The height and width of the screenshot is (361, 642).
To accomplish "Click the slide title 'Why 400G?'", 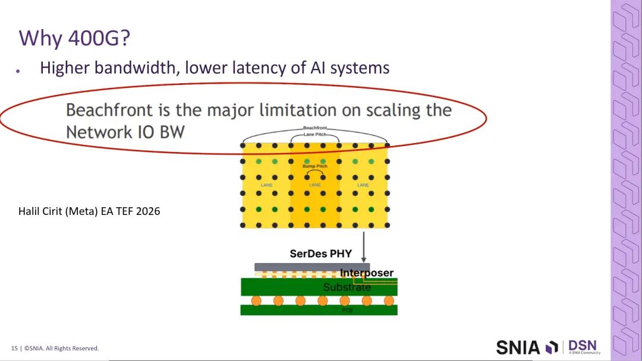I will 75,38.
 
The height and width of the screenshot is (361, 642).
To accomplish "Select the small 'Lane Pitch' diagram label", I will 315,134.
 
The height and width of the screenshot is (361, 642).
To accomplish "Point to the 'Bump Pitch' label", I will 314,166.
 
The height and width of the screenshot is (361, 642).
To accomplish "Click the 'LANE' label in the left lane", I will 266,185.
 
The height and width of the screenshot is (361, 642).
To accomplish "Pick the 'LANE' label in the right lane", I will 363,185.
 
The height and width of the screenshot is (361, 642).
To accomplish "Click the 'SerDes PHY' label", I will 320,254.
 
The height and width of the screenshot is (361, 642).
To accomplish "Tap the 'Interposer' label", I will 367,273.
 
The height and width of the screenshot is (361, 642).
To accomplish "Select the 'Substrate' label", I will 347,287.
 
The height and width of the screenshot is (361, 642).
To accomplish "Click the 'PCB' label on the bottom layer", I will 347,310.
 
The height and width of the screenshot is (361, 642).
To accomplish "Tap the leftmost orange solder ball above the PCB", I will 256,300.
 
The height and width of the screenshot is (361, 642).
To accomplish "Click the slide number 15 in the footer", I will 14,349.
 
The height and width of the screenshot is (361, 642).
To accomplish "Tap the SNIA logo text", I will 518,347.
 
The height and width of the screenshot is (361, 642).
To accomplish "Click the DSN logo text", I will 582,345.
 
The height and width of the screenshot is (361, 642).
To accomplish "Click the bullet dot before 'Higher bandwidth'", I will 18,71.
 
